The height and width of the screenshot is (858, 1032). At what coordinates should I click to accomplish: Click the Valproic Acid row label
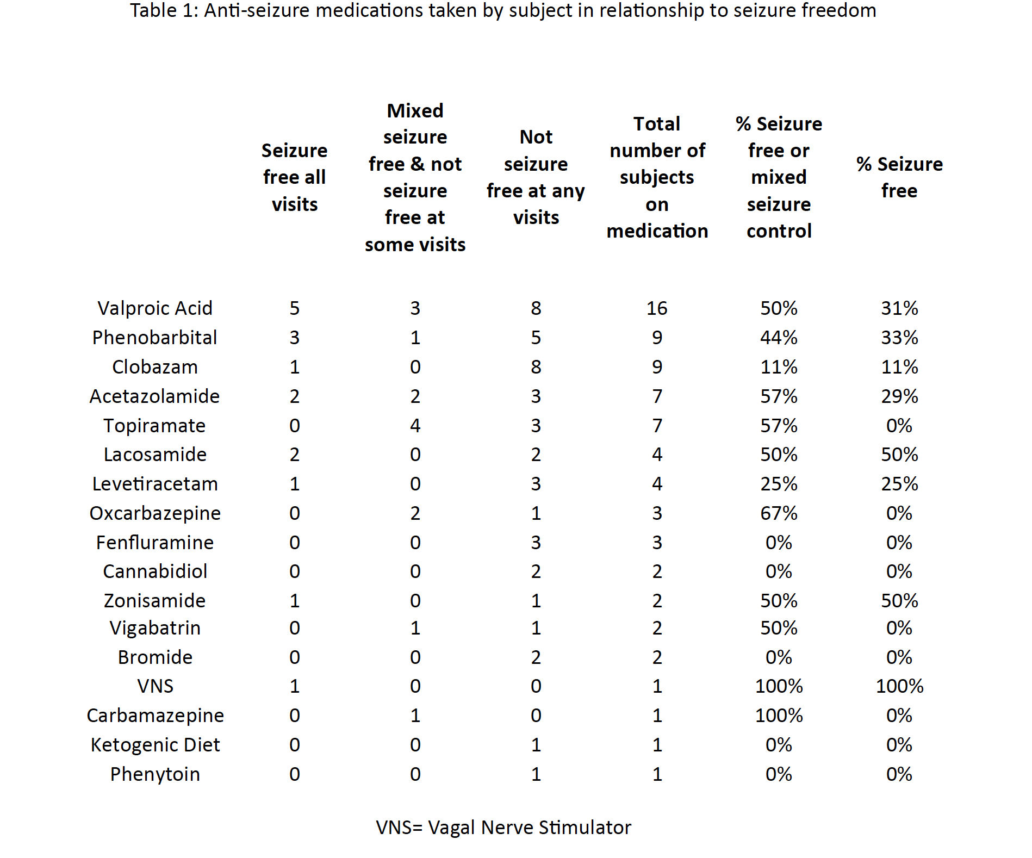(155, 308)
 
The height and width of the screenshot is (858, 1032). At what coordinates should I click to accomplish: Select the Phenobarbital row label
(155, 338)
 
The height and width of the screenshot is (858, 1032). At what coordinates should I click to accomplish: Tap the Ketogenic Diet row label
(155, 745)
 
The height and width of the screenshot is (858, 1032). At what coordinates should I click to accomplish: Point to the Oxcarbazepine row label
(155, 513)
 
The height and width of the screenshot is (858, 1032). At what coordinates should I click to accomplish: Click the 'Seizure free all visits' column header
(294, 177)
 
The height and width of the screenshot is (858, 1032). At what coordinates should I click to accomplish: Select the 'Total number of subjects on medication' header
(657, 177)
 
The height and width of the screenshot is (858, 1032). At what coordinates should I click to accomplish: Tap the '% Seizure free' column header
(899, 177)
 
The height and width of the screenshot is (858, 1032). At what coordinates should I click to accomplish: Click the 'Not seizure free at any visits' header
(536, 177)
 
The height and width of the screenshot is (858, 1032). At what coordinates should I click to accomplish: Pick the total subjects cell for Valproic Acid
(657, 308)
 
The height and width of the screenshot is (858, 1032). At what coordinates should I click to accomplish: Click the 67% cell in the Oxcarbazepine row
(779, 513)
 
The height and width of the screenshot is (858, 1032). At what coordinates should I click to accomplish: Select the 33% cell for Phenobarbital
(899, 338)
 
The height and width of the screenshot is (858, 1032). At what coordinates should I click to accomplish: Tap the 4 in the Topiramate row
(415, 426)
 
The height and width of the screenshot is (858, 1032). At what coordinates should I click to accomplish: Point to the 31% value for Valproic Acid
(899, 308)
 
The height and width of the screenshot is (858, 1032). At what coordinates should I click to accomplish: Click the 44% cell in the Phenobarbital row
(779, 338)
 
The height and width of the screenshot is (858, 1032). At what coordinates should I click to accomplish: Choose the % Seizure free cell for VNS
(899, 686)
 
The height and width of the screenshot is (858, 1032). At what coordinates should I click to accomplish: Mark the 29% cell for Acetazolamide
(899, 396)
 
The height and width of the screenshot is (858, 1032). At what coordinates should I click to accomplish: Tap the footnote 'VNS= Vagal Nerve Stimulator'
(503, 828)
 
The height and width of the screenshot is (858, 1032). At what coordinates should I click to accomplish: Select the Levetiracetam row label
(155, 484)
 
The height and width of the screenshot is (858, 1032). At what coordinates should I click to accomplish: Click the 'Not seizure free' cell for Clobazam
(536, 367)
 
